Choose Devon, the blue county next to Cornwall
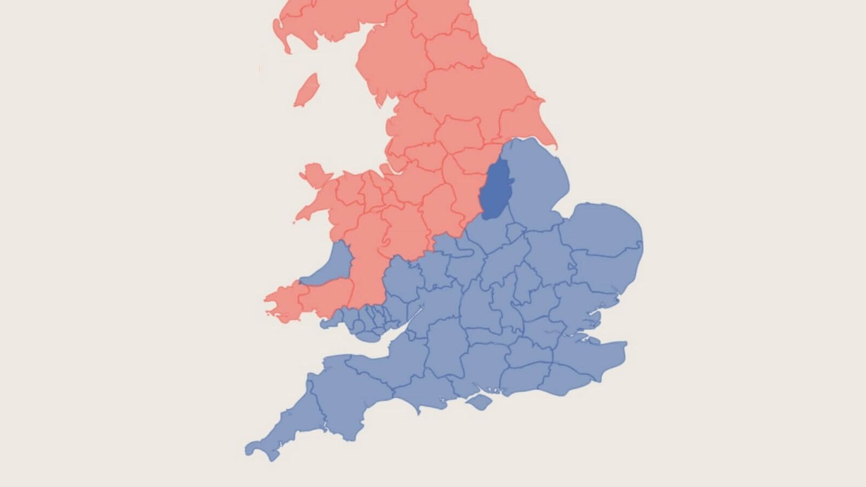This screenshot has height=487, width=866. pos(346,395)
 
